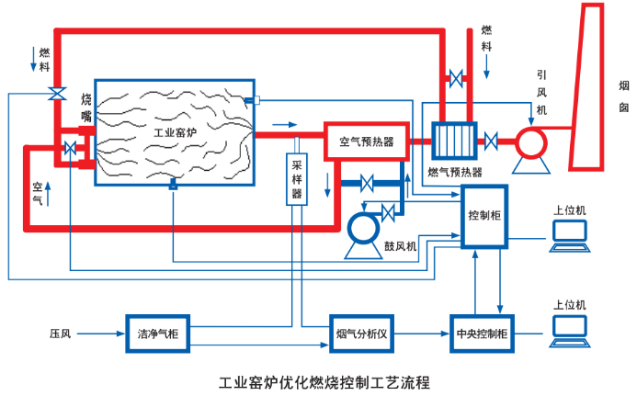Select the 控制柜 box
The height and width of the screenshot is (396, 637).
click(483, 216)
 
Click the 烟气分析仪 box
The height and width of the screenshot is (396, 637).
click(360, 332)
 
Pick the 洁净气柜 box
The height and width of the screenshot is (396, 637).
click(156, 332)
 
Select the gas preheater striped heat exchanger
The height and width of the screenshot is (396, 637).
click(453, 141)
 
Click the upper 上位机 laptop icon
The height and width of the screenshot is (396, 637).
click(570, 237)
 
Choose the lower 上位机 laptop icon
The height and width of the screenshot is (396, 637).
click(570, 330)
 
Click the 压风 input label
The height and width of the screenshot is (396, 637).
click(61, 332)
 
